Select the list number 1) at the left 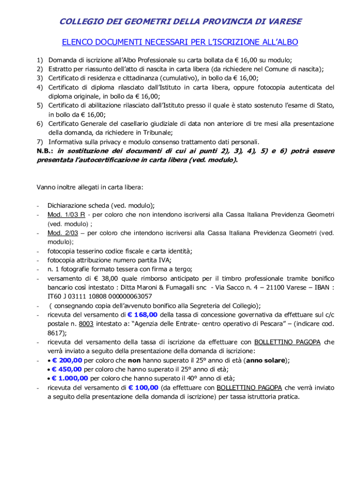40,60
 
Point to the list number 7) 40,142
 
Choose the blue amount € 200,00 67,360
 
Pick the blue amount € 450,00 67,369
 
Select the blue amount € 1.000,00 70,378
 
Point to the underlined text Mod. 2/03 63,233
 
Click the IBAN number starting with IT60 100,297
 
